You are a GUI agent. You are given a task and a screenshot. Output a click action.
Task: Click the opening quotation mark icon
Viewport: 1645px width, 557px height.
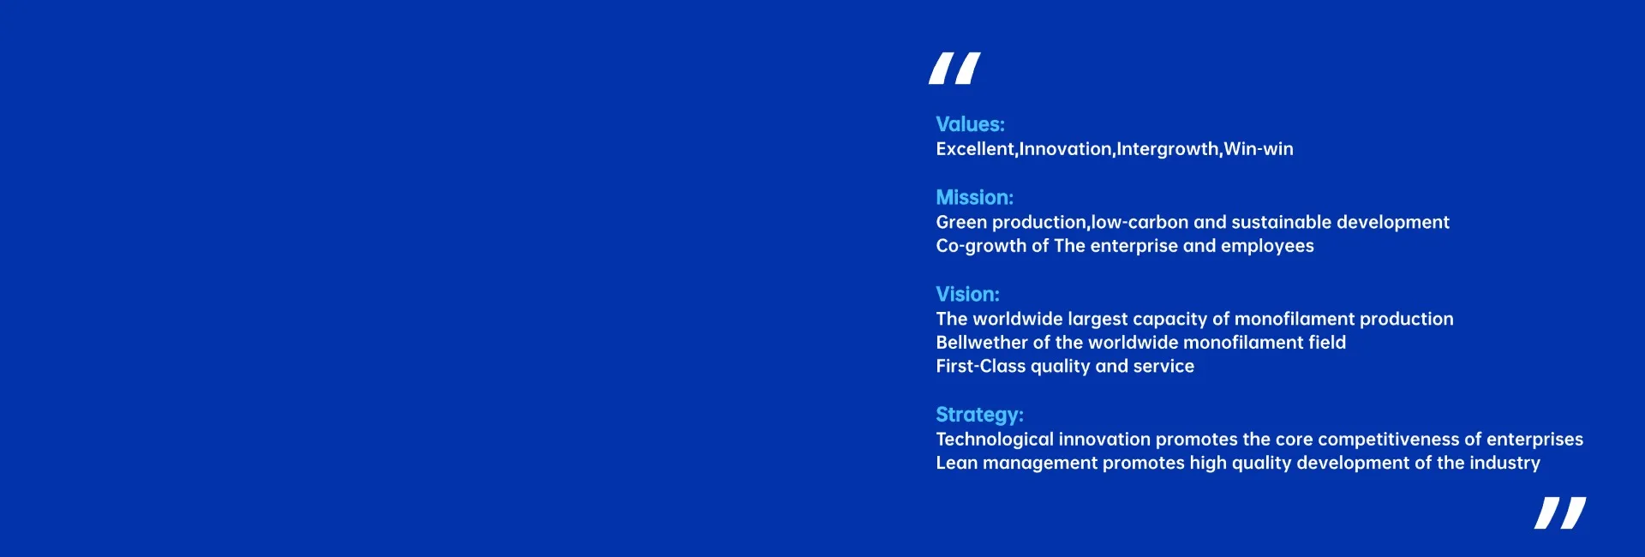[954, 69]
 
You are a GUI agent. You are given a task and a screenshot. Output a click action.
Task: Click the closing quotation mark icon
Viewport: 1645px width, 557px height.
[1560, 512]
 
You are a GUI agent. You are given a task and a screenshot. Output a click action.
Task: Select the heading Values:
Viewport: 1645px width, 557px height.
[970, 124]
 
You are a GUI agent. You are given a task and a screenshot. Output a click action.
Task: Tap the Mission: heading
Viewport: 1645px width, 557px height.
[974, 198]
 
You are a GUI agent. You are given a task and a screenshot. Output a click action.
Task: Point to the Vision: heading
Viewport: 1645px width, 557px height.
[967, 295]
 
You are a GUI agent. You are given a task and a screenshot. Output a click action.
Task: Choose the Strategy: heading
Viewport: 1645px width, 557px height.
[979, 416]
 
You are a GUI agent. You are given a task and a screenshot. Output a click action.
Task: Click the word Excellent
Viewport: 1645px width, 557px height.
[975, 149]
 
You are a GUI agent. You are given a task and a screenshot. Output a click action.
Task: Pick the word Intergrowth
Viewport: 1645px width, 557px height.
[1168, 150]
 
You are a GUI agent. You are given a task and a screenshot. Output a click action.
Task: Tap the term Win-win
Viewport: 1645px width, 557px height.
[1259, 149]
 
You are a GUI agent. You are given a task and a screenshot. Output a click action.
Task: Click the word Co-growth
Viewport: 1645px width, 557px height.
[981, 247]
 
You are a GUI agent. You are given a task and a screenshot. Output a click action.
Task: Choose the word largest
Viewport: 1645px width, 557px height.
[1098, 320]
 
